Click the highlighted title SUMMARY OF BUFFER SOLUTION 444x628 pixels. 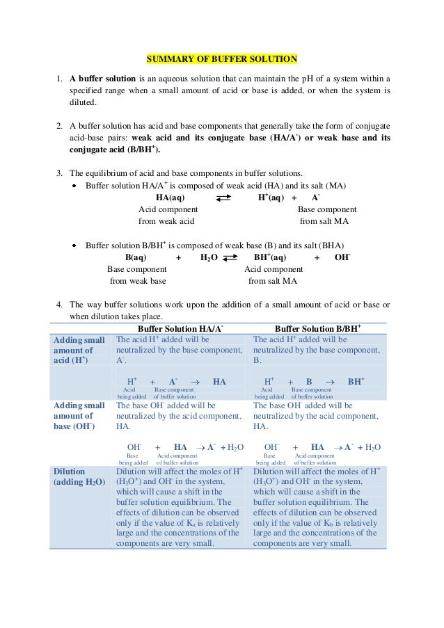click(221, 58)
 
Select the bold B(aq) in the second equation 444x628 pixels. click(135, 257)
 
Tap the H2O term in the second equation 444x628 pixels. click(209, 257)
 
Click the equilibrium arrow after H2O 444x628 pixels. click(230, 258)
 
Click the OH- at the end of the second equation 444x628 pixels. click(342, 257)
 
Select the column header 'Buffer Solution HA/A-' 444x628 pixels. click(180, 328)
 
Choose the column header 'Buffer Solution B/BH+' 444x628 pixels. click(317, 328)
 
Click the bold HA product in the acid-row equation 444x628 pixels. click(219, 381)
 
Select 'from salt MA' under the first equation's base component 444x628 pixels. click(324, 221)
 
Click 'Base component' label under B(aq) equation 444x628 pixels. click(136, 269)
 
